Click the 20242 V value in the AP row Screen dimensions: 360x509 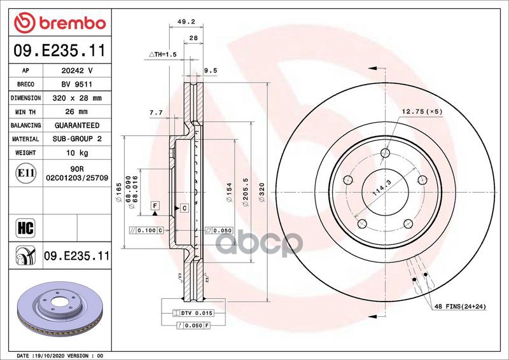[x=76, y=71]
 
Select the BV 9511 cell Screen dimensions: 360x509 [x=76, y=85]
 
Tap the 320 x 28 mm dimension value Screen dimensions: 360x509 [x=76, y=99]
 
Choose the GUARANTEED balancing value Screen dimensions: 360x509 [x=76, y=126]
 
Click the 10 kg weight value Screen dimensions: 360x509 [x=76, y=153]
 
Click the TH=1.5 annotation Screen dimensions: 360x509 [x=162, y=55]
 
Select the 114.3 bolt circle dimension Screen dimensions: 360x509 [x=380, y=190]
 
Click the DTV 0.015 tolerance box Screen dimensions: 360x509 [x=195, y=314]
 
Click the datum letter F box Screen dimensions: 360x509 [x=154, y=205]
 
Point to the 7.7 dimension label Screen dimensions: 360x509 [x=155, y=113]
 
